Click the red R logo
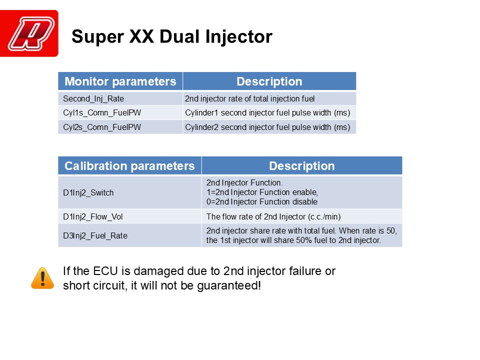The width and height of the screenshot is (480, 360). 29,33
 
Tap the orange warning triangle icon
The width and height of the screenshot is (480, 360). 42,278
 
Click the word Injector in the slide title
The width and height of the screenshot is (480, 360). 239,36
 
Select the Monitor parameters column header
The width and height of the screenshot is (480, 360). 120,81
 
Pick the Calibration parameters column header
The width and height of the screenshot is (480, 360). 130,166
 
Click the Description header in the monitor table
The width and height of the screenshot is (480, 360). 269,81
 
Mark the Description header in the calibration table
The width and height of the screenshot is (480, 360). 302,166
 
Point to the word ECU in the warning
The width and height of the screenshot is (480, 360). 105,271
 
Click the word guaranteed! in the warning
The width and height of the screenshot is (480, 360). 229,286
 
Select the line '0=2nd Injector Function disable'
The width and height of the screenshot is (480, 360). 261,201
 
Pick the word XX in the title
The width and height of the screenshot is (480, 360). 141,36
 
